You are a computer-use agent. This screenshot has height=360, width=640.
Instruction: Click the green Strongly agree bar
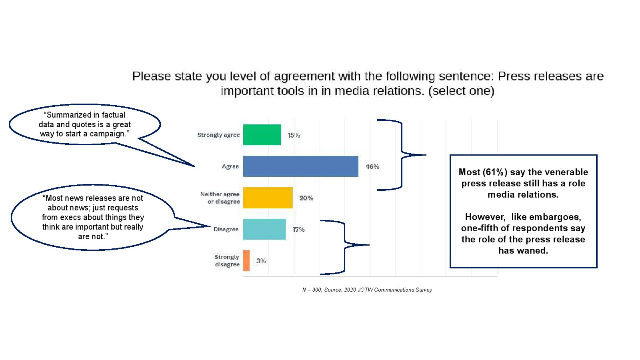[x=262, y=134]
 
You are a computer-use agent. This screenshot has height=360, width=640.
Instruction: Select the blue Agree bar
[x=300, y=166]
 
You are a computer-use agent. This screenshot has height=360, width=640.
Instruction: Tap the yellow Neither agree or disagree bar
[x=268, y=198]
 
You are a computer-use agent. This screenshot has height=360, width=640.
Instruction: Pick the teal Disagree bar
[x=264, y=229]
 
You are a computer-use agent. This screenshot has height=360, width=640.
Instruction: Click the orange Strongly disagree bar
[x=246, y=260]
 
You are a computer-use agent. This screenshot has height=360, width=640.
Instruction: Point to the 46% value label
[x=372, y=166]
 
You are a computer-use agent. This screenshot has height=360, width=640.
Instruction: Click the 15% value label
[x=294, y=135]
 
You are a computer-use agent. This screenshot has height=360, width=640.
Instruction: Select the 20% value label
[x=306, y=198]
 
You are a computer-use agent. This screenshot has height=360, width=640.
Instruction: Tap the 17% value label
[x=298, y=230]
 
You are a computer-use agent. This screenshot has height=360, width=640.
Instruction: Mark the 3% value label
[x=261, y=261]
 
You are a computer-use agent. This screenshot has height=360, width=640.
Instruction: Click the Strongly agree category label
[x=218, y=135]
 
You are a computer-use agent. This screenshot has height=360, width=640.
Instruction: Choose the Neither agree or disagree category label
[x=220, y=198]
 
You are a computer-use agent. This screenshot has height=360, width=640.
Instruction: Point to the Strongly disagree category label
[x=227, y=260]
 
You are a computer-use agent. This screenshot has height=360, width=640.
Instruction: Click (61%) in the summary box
[x=495, y=172]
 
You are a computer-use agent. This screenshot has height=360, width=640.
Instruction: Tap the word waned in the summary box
[x=534, y=250]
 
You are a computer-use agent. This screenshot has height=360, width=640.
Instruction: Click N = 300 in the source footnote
[x=312, y=290]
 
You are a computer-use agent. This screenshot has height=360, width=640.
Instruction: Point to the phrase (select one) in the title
[x=461, y=91]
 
